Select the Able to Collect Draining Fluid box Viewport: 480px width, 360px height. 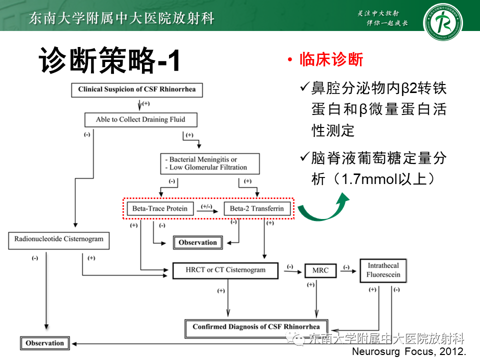tap(140, 119)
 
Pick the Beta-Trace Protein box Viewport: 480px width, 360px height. tap(159, 208)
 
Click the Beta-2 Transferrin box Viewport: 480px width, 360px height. tap(257, 208)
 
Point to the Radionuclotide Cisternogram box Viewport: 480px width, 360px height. tap(59, 239)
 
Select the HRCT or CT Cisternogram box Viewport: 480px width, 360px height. tap(225, 270)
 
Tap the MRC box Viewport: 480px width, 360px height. tap(320, 270)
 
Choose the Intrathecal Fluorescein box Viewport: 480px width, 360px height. tap(383, 270)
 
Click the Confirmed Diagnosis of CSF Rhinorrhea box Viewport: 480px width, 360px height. tap(256, 327)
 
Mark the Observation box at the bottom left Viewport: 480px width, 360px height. tap(44, 343)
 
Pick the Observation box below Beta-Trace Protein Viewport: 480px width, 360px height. tap(197, 242)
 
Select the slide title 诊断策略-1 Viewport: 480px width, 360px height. tap(108, 61)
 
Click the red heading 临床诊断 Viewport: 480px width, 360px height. tap(331, 60)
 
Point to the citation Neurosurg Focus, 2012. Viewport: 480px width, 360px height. tap(409, 351)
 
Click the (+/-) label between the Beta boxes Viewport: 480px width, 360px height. tap(205, 205)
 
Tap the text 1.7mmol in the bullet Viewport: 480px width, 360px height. tap(364, 179)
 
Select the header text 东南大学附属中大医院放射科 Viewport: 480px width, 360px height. tap(121, 18)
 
